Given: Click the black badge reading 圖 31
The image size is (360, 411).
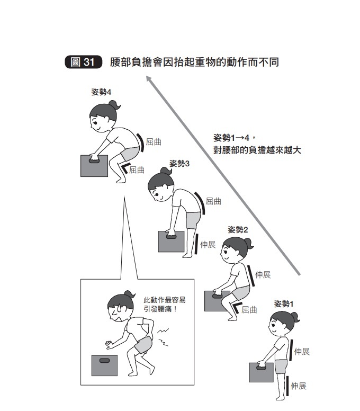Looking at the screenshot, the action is click(x=83, y=62).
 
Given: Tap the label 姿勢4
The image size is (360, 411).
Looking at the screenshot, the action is click(x=101, y=92).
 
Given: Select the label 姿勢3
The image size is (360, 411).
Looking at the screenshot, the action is click(x=179, y=164).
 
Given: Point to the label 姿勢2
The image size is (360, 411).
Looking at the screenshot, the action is click(x=238, y=230).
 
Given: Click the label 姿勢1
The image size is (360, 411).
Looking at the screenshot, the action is click(x=283, y=304).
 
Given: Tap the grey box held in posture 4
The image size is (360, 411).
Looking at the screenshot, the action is click(x=94, y=166).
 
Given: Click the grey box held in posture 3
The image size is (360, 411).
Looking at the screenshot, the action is click(x=172, y=242).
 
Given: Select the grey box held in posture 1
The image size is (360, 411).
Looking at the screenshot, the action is click(x=261, y=372).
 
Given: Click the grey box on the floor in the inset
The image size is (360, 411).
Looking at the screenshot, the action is click(x=104, y=365).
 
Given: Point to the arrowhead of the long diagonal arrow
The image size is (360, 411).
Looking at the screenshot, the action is click(x=148, y=78).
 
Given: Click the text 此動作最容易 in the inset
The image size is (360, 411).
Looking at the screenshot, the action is click(x=165, y=300).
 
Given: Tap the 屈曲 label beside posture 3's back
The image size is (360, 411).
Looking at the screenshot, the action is click(x=213, y=201).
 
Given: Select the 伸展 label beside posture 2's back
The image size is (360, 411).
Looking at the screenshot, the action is click(x=263, y=275).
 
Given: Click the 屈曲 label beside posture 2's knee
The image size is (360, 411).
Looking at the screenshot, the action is click(x=249, y=310).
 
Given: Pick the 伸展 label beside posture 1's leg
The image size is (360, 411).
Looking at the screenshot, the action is click(x=299, y=386).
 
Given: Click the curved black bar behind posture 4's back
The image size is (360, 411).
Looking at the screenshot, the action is click(x=141, y=142).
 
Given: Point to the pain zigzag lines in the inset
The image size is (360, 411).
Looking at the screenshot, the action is click(x=163, y=337).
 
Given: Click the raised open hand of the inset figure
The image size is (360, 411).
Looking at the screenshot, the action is click(x=109, y=345).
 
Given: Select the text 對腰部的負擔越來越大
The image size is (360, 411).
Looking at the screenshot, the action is click(x=257, y=150).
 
